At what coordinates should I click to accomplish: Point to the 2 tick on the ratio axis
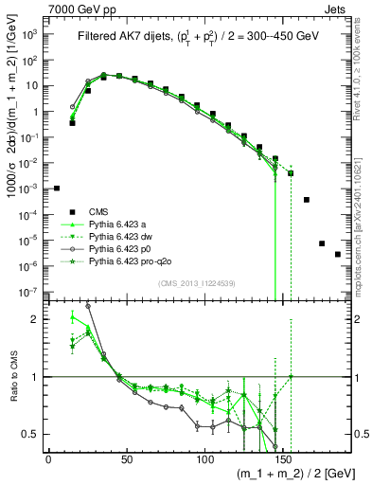pyautogui.click(x=37, y=320)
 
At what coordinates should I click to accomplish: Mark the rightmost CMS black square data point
pyautogui.click(x=338, y=280)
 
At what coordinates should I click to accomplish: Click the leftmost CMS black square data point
pyautogui.click(x=57, y=189)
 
